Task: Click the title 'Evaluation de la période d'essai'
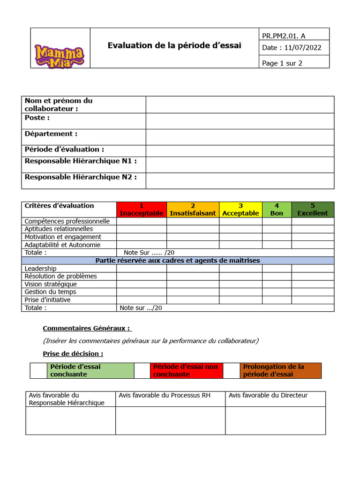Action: tap(174, 45)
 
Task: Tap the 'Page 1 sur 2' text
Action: tap(282, 63)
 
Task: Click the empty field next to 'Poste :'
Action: tap(240, 121)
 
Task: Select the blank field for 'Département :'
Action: tap(240, 137)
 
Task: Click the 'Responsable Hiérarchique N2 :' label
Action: tap(81, 177)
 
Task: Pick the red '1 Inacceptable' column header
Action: tap(142, 210)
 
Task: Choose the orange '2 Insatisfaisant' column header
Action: tap(193, 210)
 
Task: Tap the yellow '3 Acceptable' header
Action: tap(240, 210)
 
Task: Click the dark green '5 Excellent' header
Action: tap(313, 210)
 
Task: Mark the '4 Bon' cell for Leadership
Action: tap(277, 269)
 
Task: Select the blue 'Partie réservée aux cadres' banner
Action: tap(178, 261)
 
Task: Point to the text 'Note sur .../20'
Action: tap(141, 308)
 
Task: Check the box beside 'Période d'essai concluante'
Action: tap(38, 371)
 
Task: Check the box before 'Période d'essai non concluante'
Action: tap(142, 371)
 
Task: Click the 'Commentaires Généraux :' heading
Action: tap(87, 329)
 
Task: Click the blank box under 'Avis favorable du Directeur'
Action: tap(275, 420)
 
